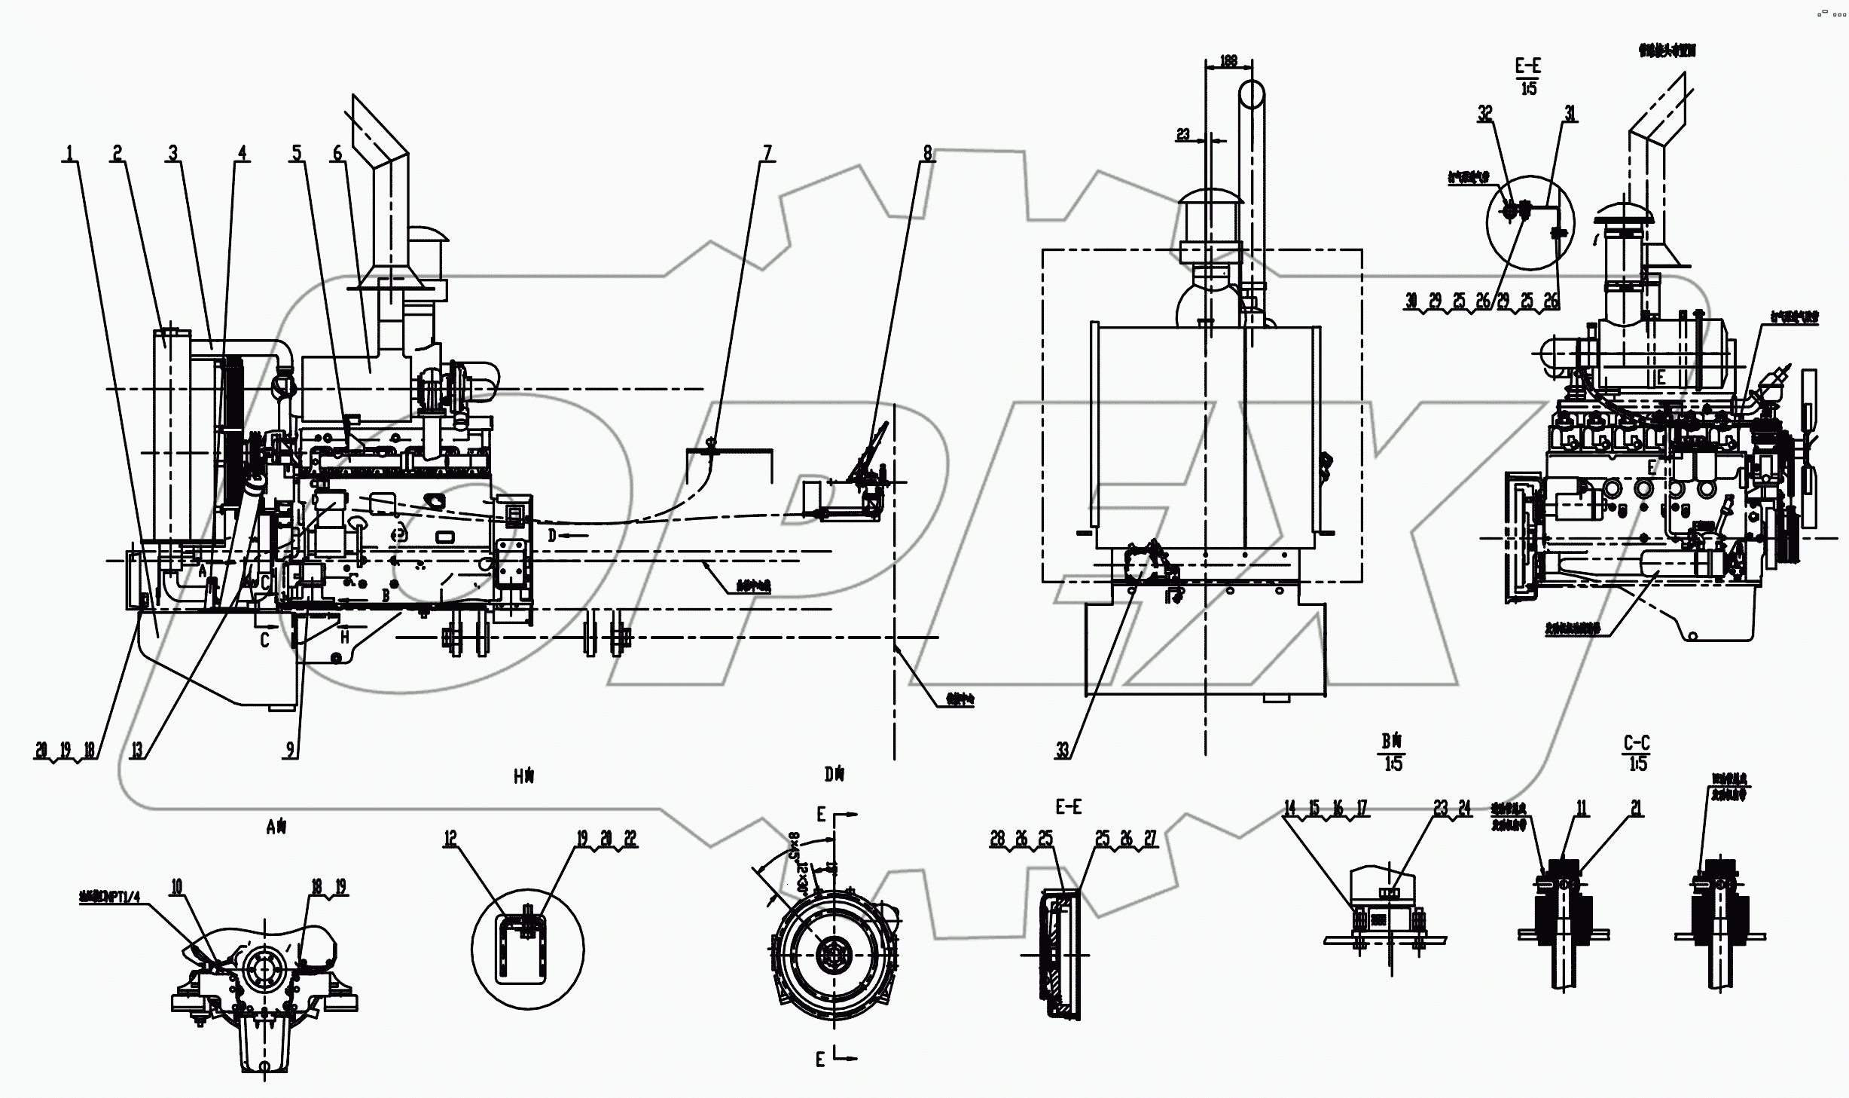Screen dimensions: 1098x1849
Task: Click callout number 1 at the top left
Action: tap(69, 153)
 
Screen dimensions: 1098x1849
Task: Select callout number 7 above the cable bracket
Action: tap(767, 153)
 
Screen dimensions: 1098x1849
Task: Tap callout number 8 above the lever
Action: tap(927, 153)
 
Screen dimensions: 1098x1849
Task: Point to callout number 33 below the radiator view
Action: tap(1063, 750)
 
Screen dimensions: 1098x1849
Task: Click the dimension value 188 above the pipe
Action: tap(1228, 61)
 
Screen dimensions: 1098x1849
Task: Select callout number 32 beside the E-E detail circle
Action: tap(1484, 113)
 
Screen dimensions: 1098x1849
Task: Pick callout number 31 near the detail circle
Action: tap(1570, 113)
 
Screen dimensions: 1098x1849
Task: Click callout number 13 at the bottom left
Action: tap(136, 750)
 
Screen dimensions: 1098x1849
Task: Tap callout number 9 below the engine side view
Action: tap(290, 750)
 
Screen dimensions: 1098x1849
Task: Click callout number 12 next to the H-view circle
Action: tap(450, 838)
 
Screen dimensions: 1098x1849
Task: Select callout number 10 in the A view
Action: tap(176, 887)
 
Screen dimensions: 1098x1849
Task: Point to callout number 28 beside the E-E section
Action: tap(997, 839)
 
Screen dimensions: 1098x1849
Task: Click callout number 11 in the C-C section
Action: tap(1582, 809)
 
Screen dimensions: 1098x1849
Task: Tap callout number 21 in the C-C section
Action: tap(1637, 809)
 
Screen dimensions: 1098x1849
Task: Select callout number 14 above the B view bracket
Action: tap(1290, 809)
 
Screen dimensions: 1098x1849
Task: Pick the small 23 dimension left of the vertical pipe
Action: tap(1183, 134)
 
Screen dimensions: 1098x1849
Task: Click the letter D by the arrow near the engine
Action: tap(551, 535)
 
